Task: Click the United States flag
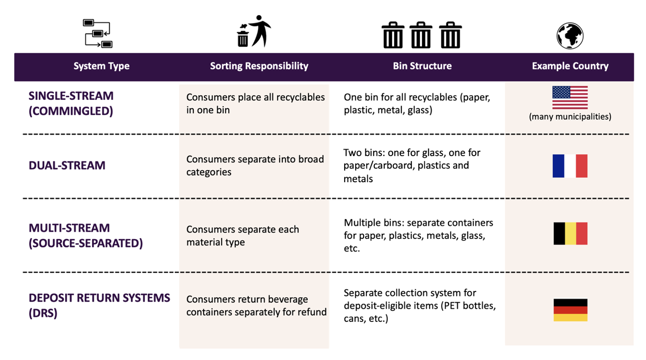click(570, 97)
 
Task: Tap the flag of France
click(570, 166)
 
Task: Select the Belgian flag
click(570, 233)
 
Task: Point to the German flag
click(570, 310)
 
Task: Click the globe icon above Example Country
click(570, 36)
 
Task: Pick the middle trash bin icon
click(421, 35)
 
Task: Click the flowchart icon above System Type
click(98, 33)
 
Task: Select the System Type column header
click(101, 66)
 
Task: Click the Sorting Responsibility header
click(259, 66)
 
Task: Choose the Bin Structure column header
click(422, 66)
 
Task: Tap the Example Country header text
click(570, 66)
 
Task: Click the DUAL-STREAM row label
click(67, 165)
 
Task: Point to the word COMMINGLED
click(71, 111)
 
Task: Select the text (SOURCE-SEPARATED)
click(85, 243)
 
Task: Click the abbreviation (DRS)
click(43, 313)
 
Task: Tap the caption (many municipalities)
click(570, 116)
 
